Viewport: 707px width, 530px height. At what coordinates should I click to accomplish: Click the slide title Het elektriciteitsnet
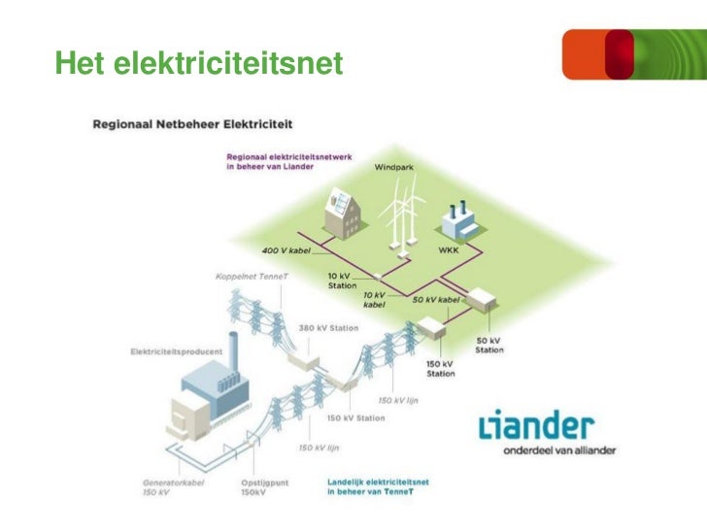[x=199, y=63]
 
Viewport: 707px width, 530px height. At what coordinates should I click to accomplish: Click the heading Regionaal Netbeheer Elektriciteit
[x=192, y=124]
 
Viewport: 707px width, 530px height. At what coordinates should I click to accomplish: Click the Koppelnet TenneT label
[x=244, y=275]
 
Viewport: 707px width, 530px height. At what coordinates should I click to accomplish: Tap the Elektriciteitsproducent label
[x=177, y=350]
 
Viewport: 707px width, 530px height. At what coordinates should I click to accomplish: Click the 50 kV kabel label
[x=436, y=300]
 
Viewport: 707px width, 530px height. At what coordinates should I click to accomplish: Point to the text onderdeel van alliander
[x=558, y=450]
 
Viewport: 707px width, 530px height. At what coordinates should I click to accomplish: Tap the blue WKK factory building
[x=458, y=222]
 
